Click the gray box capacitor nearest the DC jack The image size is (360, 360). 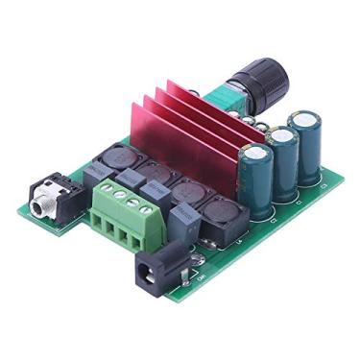click(x=186, y=223)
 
